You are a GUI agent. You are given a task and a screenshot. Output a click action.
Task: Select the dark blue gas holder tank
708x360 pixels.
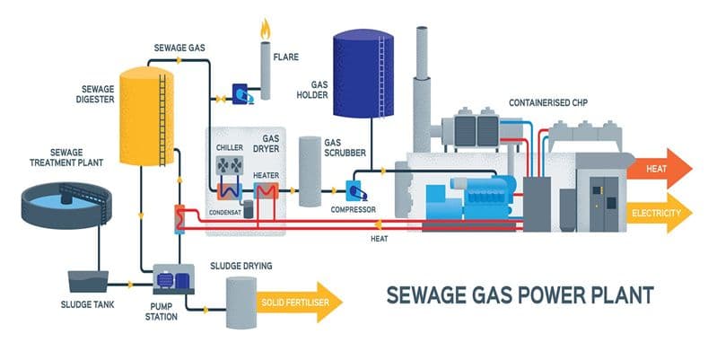pos(363,76)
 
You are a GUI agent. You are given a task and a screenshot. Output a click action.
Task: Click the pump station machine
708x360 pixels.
pos(170,279)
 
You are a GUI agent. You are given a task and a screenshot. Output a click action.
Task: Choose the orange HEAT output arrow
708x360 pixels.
pos(660,168)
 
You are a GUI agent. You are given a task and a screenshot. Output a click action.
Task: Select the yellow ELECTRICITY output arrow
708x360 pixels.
pos(660,214)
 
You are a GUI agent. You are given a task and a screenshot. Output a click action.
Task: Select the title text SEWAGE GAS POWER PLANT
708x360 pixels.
pos(519,294)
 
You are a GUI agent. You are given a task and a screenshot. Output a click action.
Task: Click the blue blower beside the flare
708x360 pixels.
pos(241,92)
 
